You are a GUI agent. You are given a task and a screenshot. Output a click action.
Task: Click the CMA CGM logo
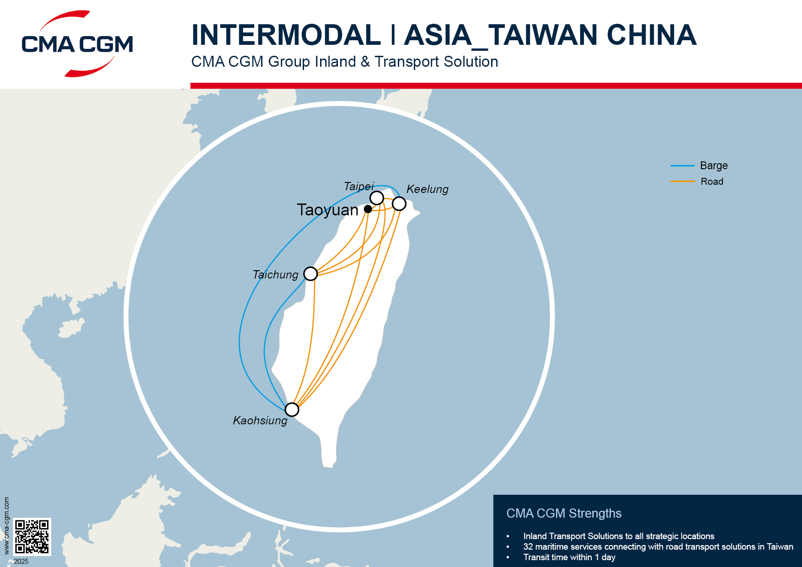tap(77, 44)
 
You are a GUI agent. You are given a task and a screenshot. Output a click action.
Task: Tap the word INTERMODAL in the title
tap(286, 35)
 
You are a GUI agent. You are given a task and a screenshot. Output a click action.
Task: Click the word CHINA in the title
tap(651, 35)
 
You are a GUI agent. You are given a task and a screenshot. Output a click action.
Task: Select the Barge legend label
tap(713, 166)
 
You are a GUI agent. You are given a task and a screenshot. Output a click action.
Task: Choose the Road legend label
tap(712, 182)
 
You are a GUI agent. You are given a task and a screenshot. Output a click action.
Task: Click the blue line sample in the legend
tap(682, 166)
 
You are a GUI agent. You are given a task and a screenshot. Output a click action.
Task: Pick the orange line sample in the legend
tap(682, 182)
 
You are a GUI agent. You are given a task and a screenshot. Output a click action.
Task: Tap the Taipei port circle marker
tap(377, 198)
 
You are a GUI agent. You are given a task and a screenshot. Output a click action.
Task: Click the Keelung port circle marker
tap(399, 203)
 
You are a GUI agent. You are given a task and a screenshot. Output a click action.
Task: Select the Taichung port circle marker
tap(310, 274)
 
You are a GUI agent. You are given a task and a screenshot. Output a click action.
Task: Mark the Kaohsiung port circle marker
tap(292, 409)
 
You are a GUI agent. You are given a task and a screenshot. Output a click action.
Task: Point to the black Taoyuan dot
tap(368, 209)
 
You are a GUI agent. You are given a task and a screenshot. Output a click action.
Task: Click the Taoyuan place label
tap(327, 210)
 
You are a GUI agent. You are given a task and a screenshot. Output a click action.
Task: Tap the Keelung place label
tap(427, 189)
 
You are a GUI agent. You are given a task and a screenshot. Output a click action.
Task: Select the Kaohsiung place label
tap(260, 421)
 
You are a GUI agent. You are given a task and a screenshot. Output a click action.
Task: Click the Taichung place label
tap(275, 275)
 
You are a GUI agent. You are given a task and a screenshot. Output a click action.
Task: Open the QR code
tap(32, 536)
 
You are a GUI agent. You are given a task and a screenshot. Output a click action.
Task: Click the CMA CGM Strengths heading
tap(564, 514)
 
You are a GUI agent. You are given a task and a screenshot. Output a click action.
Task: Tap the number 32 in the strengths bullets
tap(528, 547)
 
